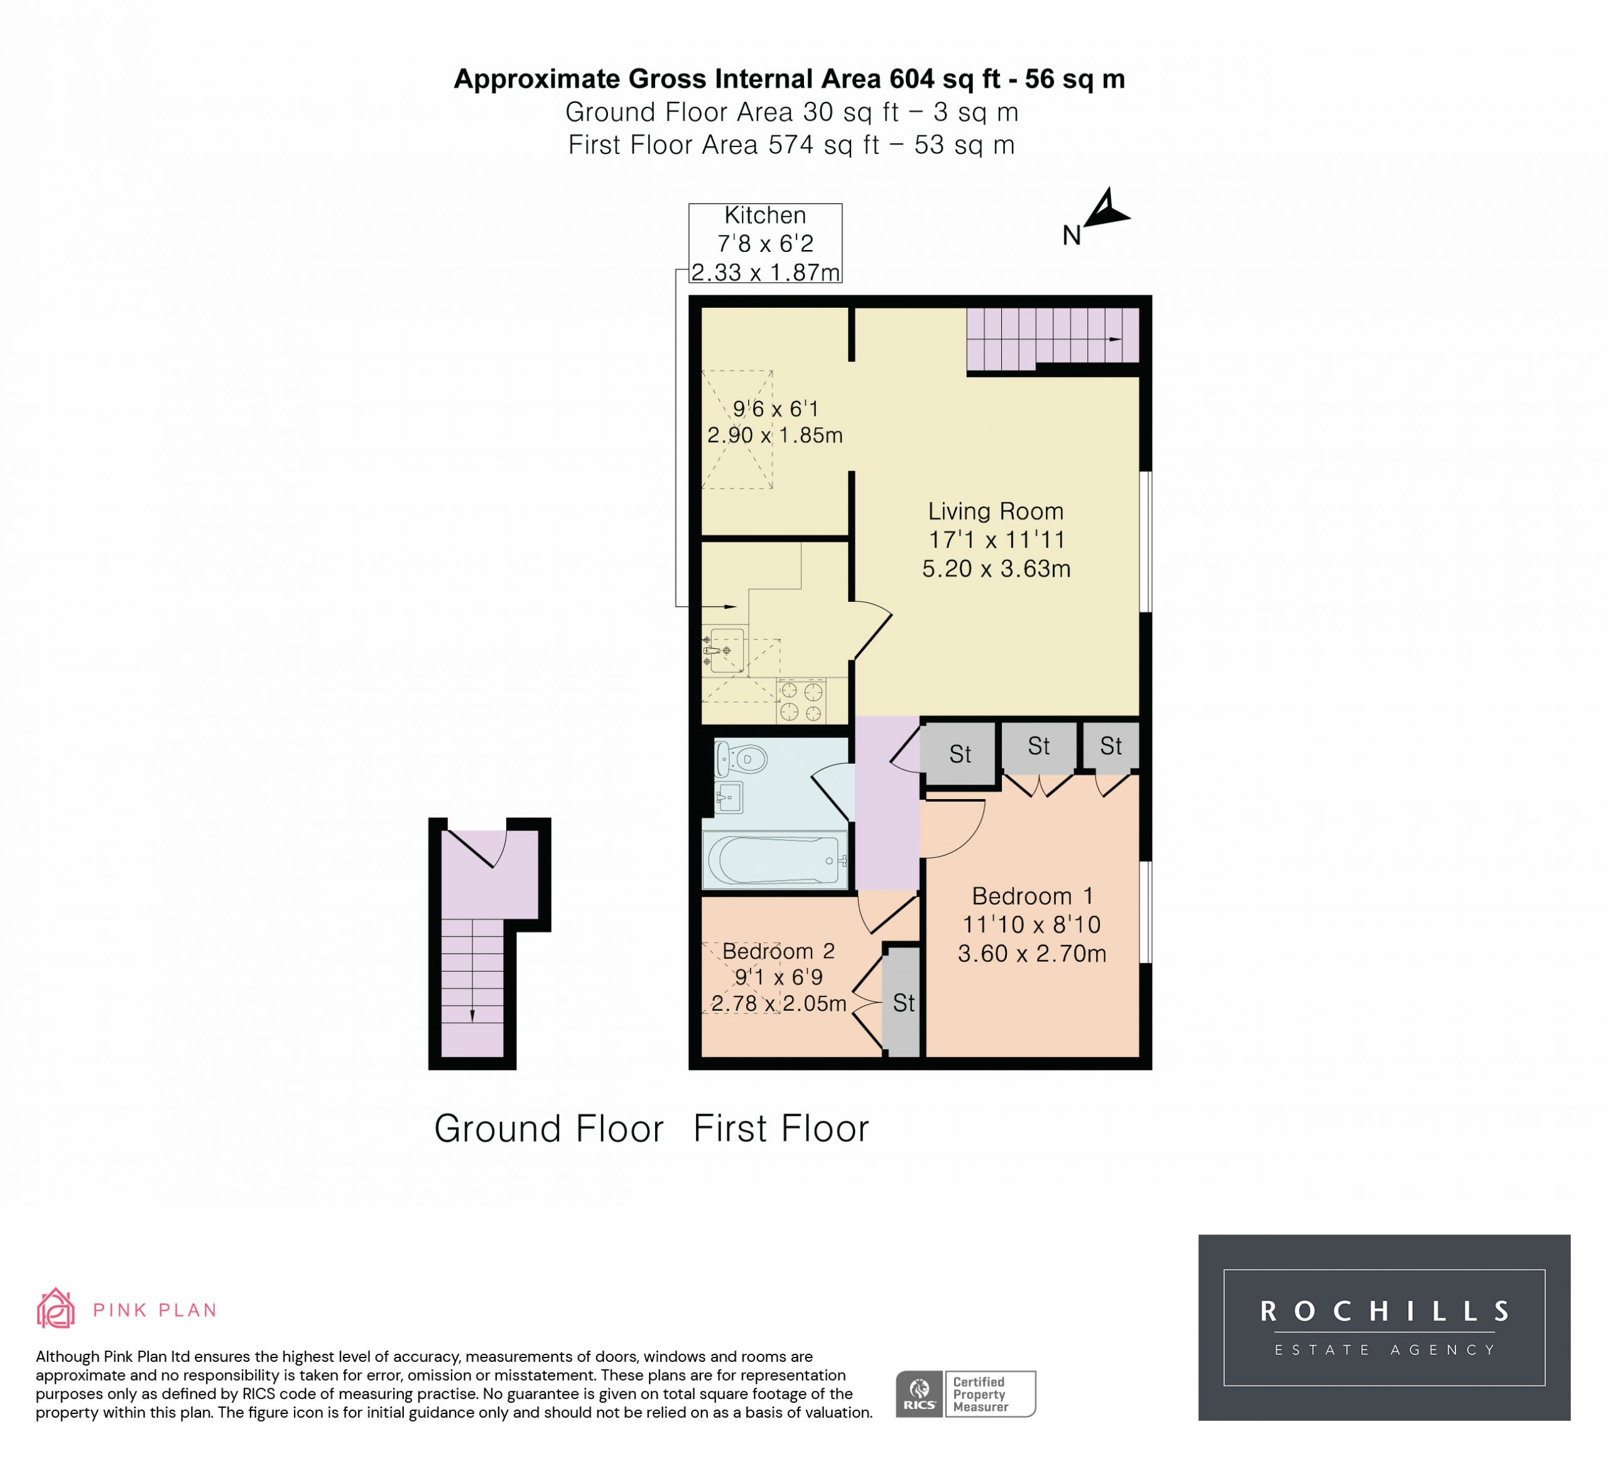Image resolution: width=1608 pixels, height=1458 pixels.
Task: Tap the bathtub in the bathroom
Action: pos(774,860)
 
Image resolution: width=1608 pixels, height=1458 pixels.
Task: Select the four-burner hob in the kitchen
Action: pos(801,701)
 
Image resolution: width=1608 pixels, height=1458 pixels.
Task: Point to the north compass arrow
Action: pos(1106,209)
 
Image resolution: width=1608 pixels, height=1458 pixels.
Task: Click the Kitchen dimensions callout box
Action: pos(765,243)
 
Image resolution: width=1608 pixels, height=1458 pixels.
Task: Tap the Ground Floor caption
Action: pos(549,1129)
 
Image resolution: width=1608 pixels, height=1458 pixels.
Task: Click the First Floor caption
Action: pos(781,1129)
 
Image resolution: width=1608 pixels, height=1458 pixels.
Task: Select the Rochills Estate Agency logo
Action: pos(1384,1327)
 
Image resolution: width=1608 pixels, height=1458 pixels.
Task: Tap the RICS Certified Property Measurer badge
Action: pos(965,1393)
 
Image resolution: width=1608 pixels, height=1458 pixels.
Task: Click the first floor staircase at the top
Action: pos(1053,339)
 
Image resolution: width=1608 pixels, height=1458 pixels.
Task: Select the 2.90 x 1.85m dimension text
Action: pos(774,435)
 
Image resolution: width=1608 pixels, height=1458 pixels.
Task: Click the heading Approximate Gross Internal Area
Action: pos(668,79)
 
